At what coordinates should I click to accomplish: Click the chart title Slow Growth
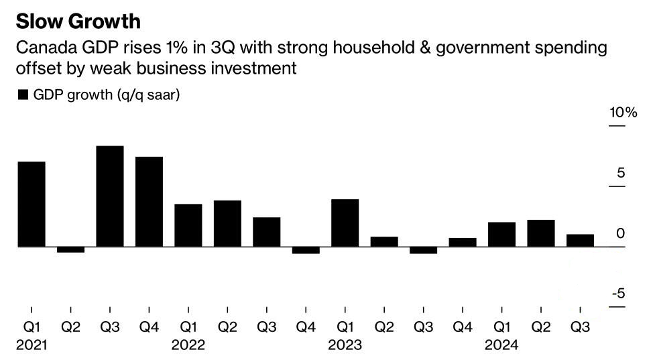pos(78,21)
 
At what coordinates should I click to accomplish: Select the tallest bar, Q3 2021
pos(110,196)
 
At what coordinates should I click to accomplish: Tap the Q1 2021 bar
pos(32,204)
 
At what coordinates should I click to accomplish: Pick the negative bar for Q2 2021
pos(71,249)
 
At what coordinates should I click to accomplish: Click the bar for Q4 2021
pos(149,202)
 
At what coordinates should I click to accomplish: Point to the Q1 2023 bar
pos(345,223)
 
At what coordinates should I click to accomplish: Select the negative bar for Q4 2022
pos(306,251)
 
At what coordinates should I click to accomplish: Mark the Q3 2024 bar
pos(580,241)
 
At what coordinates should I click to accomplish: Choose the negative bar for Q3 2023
pos(424,251)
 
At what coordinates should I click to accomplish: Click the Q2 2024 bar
pos(541,233)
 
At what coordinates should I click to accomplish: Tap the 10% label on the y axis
pos(623,113)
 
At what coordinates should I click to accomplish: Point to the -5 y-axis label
pos(618,294)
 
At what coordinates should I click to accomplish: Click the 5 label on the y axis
pos(621,172)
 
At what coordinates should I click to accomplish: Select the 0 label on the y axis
pos(621,233)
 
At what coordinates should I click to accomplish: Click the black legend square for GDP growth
pos(23,95)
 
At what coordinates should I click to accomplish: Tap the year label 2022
pos(188,345)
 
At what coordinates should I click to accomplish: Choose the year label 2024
pos(501,345)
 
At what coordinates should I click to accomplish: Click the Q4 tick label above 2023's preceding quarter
pos(306,327)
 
